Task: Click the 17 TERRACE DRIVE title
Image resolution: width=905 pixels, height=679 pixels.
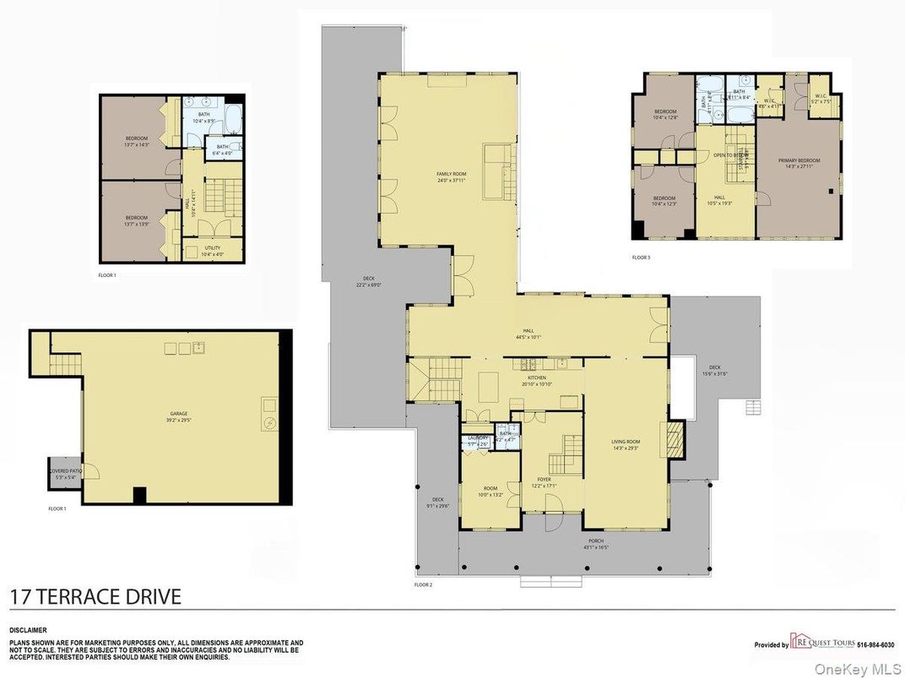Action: point(95,597)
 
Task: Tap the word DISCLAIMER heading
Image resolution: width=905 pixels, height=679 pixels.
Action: point(28,630)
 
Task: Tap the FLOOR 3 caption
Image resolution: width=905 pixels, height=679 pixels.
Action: point(642,258)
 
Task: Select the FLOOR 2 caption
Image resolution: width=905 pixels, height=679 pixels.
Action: point(423,584)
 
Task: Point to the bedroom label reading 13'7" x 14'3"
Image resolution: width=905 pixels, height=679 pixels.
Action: point(137,141)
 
